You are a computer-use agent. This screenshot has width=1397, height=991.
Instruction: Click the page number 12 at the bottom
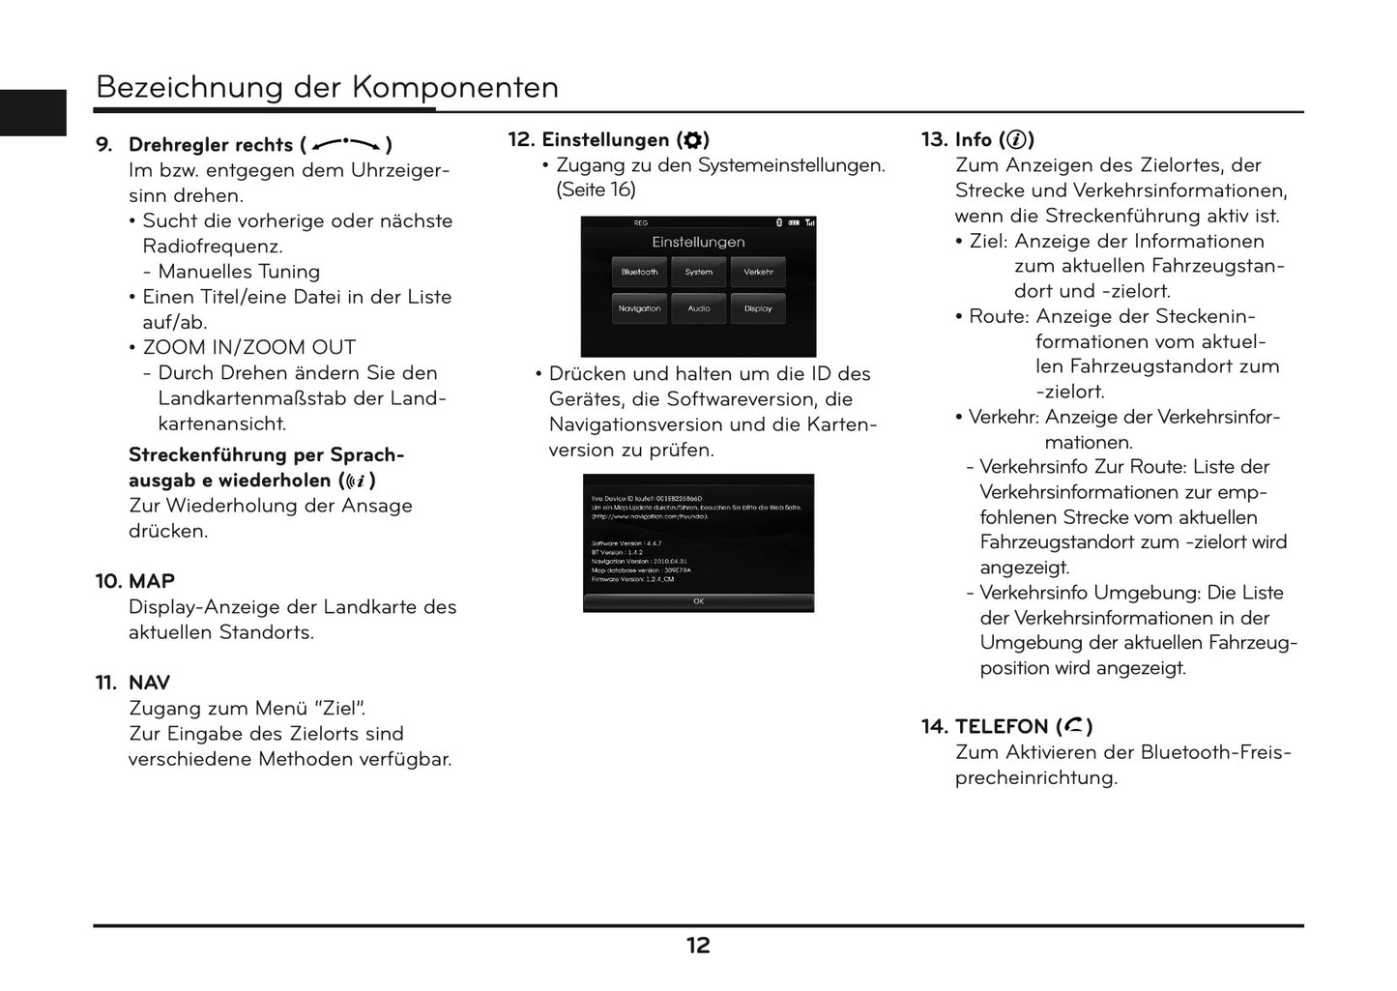pos(698,946)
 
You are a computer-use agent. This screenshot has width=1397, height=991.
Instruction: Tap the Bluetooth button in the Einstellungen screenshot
pos(639,272)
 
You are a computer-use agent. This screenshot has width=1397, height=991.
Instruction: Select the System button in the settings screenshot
pos(698,272)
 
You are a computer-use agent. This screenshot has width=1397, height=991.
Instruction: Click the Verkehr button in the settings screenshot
pos(758,272)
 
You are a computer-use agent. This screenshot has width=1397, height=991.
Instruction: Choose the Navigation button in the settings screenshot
pos(639,308)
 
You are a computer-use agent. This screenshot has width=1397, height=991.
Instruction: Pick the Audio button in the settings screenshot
pos(698,308)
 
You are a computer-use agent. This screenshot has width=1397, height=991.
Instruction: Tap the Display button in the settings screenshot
pos(758,308)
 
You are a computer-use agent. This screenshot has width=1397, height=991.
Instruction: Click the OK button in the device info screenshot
pos(698,601)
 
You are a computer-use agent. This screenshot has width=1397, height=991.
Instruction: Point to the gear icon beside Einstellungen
pos(692,140)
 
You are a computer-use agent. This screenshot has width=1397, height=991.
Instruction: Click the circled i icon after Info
pos(1016,140)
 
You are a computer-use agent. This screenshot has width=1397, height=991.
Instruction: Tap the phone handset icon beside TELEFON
pos(1074,726)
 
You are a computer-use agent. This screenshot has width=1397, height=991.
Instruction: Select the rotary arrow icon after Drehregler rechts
pos(346,145)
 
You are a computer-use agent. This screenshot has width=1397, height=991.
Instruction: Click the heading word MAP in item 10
pos(152,581)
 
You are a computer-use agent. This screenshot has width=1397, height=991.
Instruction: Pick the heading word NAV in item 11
pos(149,683)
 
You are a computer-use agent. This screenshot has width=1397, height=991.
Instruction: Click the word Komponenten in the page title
pos(454,87)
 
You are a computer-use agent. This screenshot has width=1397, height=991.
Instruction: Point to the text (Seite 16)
pos(596,189)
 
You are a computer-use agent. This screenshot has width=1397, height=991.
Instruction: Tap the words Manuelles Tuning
pos(239,272)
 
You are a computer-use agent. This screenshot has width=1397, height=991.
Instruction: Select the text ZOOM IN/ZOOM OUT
pos(249,347)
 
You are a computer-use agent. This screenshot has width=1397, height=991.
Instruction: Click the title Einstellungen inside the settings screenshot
pos(698,242)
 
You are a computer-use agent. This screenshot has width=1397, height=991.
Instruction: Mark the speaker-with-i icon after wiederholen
pos(356,481)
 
